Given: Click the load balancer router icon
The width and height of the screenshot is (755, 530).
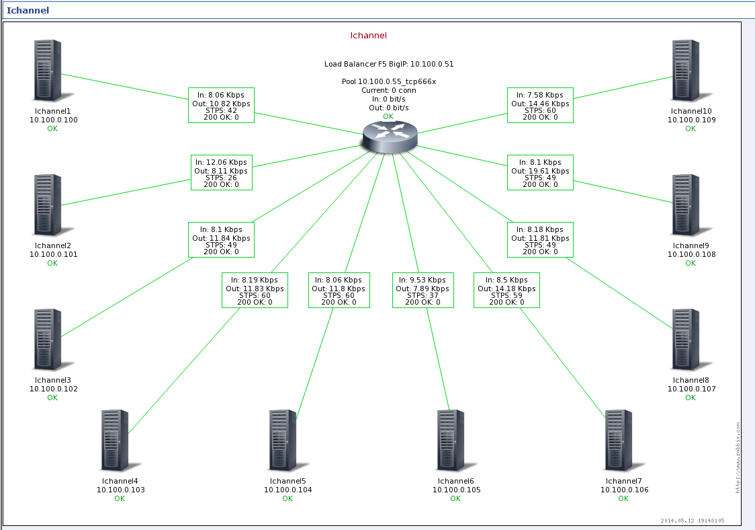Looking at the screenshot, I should click(x=389, y=137).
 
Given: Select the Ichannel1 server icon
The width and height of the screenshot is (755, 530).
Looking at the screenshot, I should click(x=48, y=71).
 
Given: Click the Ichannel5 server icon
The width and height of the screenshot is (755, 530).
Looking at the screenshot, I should click(x=283, y=441).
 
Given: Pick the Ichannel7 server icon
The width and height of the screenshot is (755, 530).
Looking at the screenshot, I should click(x=619, y=441).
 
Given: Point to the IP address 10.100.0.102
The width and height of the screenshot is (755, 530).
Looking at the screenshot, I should click(x=53, y=389).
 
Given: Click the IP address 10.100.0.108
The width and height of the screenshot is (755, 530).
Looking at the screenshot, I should click(x=691, y=254).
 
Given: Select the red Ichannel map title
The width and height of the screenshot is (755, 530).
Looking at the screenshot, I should click(x=369, y=36).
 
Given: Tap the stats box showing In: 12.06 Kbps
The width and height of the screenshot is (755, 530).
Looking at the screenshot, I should click(x=221, y=173).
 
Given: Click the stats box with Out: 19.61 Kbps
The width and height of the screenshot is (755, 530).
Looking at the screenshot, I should click(x=540, y=173).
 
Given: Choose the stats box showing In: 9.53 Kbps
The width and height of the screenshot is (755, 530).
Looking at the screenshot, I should click(x=423, y=290).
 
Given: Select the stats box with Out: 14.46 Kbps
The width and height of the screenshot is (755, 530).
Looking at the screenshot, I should click(x=540, y=105).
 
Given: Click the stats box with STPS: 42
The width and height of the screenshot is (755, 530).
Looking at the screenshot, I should click(x=221, y=105).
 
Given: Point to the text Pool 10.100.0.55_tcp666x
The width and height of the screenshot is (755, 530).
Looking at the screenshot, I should click(x=389, y=81).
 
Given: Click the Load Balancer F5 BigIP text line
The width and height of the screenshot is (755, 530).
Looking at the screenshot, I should click(x=389, y=65).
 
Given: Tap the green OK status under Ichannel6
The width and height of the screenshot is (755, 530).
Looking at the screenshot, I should click(x=455, y=498).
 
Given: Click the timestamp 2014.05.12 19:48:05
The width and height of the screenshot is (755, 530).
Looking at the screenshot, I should click(x=692, y=520).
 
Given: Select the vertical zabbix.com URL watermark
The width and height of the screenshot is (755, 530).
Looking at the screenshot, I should click(x=737, y=457).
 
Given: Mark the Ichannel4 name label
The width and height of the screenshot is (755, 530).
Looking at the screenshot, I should click(x=120, y=481).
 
